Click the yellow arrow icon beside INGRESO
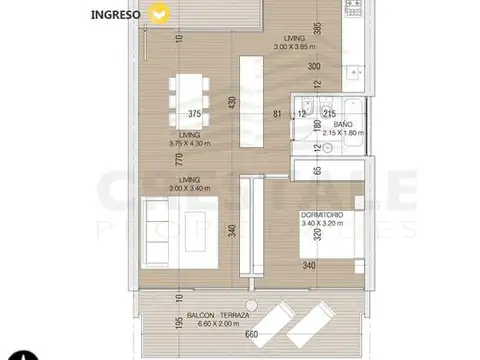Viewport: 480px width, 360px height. [x=157, y=14]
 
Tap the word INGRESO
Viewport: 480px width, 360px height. [x=115, y=14]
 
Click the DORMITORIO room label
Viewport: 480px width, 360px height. [x=325, y=213]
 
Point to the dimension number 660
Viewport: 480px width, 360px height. [x=252, y=335]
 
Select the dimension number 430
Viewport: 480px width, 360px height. [x=233, y=103]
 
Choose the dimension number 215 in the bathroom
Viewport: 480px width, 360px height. [x=342, y=113]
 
